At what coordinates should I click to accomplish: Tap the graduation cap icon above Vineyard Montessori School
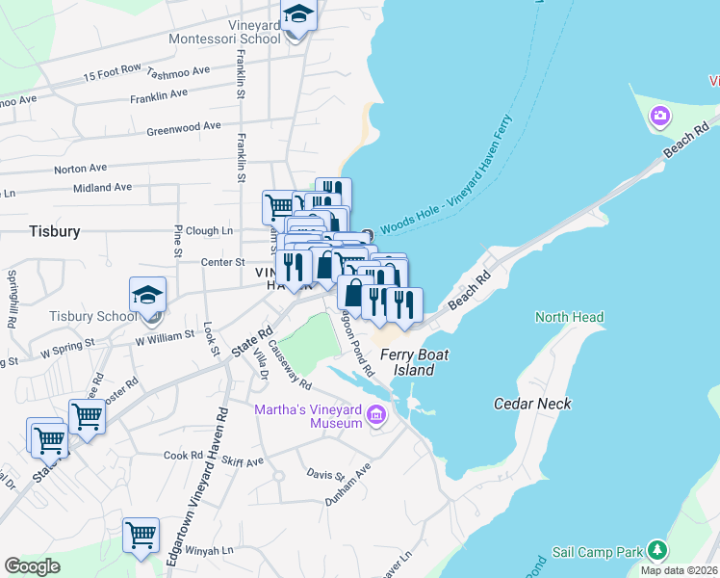point(298,14)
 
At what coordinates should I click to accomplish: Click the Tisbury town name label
point(54,231)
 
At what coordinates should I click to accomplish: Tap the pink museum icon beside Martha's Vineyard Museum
point(376,417)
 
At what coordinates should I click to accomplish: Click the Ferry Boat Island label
point(414,362)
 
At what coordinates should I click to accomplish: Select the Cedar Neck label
point(532,404)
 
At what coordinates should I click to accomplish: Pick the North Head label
point(569,317)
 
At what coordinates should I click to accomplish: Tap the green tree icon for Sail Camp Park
point(657,550)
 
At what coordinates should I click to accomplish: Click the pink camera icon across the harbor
point(660,118)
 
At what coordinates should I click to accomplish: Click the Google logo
point(32,566)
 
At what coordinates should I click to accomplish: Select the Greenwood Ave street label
point(183,128)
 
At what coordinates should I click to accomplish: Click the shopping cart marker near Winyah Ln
point(141,534)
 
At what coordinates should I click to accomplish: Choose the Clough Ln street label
point(209,231)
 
